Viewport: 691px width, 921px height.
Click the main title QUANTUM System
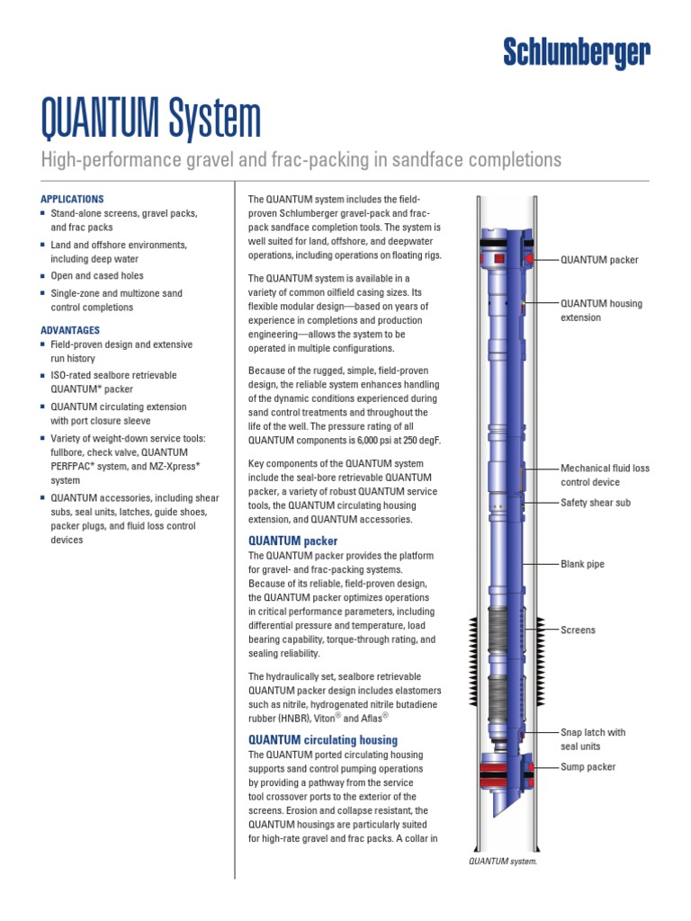[x=151, y=119]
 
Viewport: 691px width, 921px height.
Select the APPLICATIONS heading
[x=73, y=199]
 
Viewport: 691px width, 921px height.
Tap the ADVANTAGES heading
[x=71, y=330]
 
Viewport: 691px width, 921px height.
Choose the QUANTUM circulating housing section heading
[x=322, y=739]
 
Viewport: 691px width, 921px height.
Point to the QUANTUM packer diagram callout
[x=599, y=260]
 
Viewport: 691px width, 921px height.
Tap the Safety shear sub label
[x=596, y=503]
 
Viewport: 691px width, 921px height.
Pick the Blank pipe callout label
[x=582, y=564]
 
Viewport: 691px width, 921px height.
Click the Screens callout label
[x=578, y=630]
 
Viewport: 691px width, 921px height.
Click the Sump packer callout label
[x=588, y=767]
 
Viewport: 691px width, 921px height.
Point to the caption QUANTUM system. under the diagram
[x=501, y=861]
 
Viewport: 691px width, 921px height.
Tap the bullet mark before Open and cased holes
[x=43, y=276]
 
